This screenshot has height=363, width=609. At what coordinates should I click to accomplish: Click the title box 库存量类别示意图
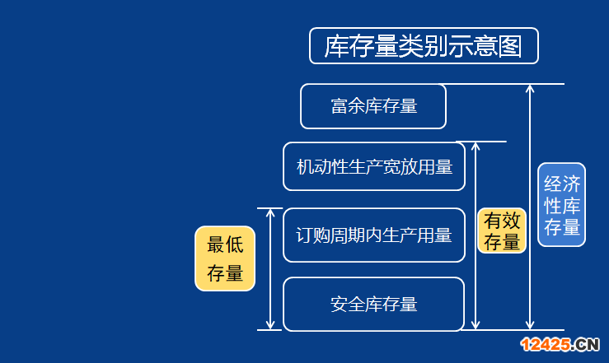tap(424, 46)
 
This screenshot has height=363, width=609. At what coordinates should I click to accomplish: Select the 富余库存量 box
tap(373, 106)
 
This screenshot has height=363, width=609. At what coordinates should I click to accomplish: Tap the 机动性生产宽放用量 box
tap(374, 166)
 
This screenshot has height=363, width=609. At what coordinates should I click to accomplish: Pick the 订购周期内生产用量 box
tap(374, 235)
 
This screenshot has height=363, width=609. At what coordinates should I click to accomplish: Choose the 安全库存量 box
tap(373, 304)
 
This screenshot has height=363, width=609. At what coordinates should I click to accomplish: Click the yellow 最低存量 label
tap(225, 258)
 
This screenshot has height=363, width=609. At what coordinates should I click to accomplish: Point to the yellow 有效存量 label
tap(502, 230)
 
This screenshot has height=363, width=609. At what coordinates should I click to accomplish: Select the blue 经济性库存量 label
tap(562, 205)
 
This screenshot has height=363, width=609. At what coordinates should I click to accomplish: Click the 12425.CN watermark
tap(560, 344)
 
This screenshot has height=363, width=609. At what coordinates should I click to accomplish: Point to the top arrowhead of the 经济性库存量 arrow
tap(530, 87)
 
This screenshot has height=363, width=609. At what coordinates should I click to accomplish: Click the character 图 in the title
tap(510, 46)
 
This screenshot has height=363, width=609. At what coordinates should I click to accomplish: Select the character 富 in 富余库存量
tap(339, 106)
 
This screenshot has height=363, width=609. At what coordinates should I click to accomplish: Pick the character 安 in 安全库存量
tap(339, 305)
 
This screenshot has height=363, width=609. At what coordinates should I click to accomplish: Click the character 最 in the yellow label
tap(216, 244)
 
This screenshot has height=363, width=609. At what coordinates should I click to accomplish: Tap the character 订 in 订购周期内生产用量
tap(304, 235)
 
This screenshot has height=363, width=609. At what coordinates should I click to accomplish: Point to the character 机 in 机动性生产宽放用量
tap(305, 167)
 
